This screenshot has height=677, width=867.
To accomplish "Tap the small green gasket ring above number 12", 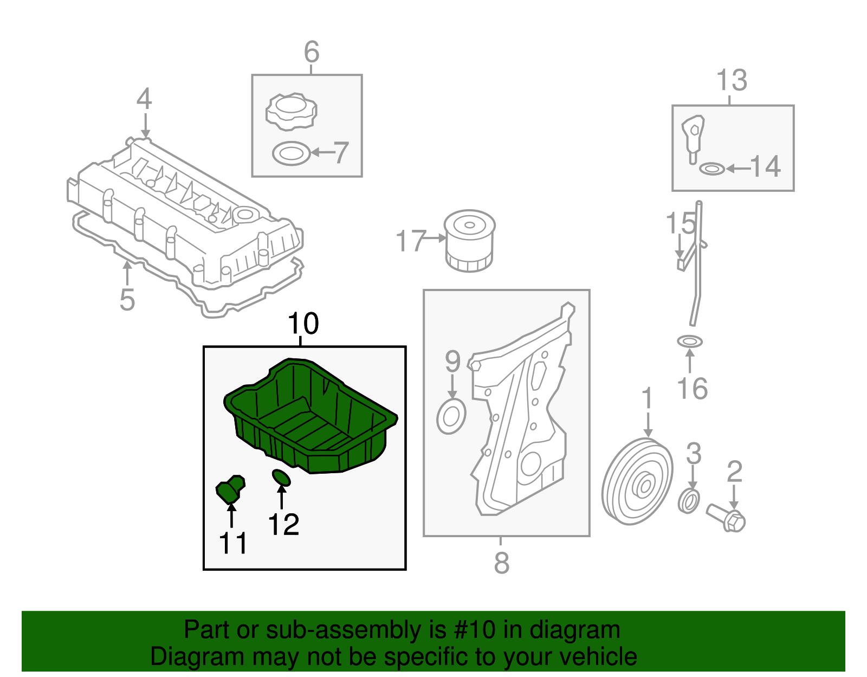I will (281, 478).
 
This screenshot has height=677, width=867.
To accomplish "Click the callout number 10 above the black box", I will (303, 324).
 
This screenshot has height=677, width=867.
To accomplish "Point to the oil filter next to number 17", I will (469, 241).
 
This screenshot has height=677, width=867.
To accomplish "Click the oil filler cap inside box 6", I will (291, 112).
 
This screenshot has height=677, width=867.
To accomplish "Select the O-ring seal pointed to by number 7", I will (292, 154).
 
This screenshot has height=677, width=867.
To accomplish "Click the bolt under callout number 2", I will (727, 517).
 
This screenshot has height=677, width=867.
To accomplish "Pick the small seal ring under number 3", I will (689, 501).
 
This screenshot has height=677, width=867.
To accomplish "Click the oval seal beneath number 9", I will (451, 416).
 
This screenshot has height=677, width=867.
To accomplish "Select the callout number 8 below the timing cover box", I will (501, 563).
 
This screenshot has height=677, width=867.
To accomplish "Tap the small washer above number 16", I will (689, 341).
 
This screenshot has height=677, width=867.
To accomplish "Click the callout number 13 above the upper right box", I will (732, 80).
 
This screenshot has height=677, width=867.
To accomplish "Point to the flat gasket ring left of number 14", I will (711, 169).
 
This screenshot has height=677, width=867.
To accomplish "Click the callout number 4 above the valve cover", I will (144, 99).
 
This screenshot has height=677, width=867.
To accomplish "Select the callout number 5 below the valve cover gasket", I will (127, 300).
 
